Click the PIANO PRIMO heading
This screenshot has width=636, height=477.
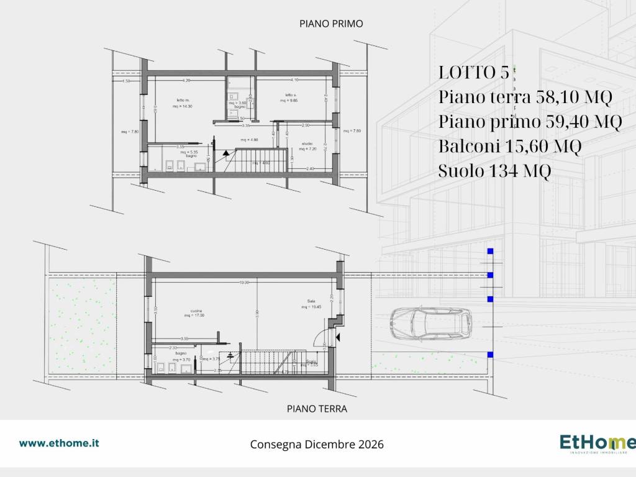(330, 24)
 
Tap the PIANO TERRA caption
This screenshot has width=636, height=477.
(317, 409)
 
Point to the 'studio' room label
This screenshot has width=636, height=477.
(307, 143)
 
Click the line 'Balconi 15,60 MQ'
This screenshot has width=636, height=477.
(509, 147)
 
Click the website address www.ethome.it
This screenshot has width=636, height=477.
(59, 443)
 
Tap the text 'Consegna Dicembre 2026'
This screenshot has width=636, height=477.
(317, 445)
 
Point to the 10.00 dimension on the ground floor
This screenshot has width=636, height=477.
(243, 282)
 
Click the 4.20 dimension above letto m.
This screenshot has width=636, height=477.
(186, 80)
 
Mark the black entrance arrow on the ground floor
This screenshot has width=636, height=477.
(338, 337)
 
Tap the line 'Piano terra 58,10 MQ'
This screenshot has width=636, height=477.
(525, 98)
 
